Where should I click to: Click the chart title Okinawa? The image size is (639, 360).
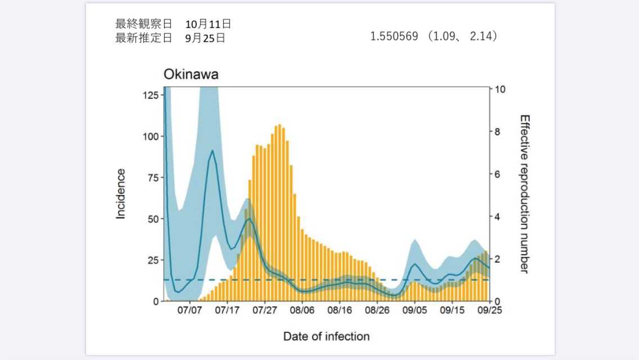(191, 75)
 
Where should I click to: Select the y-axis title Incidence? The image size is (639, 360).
(121, 193)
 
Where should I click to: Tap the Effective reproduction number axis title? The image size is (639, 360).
(524, 194)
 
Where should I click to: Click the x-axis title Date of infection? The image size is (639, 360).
(326, 336)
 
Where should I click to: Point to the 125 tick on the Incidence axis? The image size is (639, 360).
(150, 95)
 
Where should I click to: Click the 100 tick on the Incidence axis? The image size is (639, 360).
(150, 136)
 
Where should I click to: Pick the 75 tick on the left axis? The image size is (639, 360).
(152, 178)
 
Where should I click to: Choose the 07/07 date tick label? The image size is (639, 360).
(190, 310)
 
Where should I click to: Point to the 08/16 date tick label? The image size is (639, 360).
(340, 310)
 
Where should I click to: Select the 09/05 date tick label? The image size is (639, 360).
(415, 310)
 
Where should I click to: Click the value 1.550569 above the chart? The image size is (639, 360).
(394, 37)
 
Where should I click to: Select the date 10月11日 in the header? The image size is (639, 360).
(208, 24)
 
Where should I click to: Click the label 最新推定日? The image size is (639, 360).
(143, 38)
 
